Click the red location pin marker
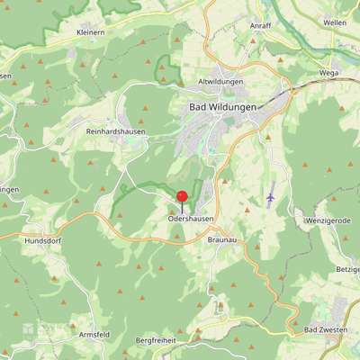pos(182,197)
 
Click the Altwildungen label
pos(220,82)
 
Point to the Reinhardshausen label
pos(116,131)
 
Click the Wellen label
pos(334,22)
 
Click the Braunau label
pos(222,240)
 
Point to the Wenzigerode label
pos(327,220)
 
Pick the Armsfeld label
pos(94,334)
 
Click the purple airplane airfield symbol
pos(270,195)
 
